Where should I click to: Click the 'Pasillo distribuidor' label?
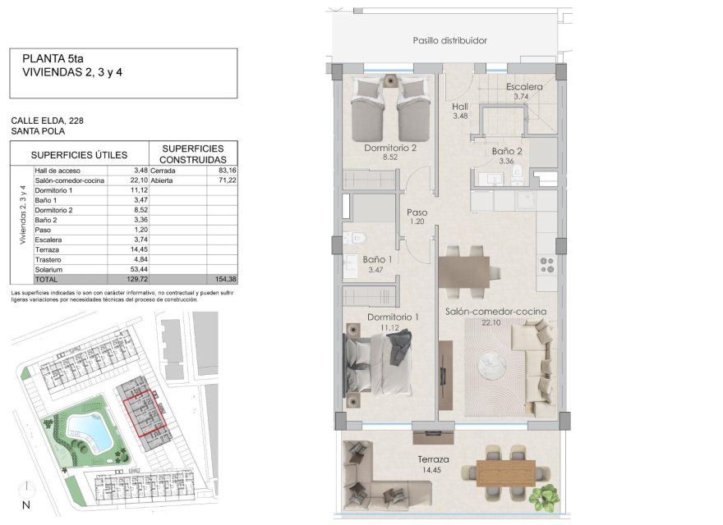(x=450, y=40)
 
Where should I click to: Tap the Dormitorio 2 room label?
(x=390, y=148)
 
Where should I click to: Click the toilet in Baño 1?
(x=355, y=240)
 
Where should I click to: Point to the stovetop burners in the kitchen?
(x=546, y=264)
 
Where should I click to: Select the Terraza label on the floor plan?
(x=432, y=459)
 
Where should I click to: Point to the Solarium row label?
(x=49, y=270)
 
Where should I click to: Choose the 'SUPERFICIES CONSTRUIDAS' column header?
(x=192, y=153)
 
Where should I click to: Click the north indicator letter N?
(x=26, y=504)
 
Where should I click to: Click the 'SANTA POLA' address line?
(x=37, y=130)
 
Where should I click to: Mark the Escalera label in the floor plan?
(x=523, y=87)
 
